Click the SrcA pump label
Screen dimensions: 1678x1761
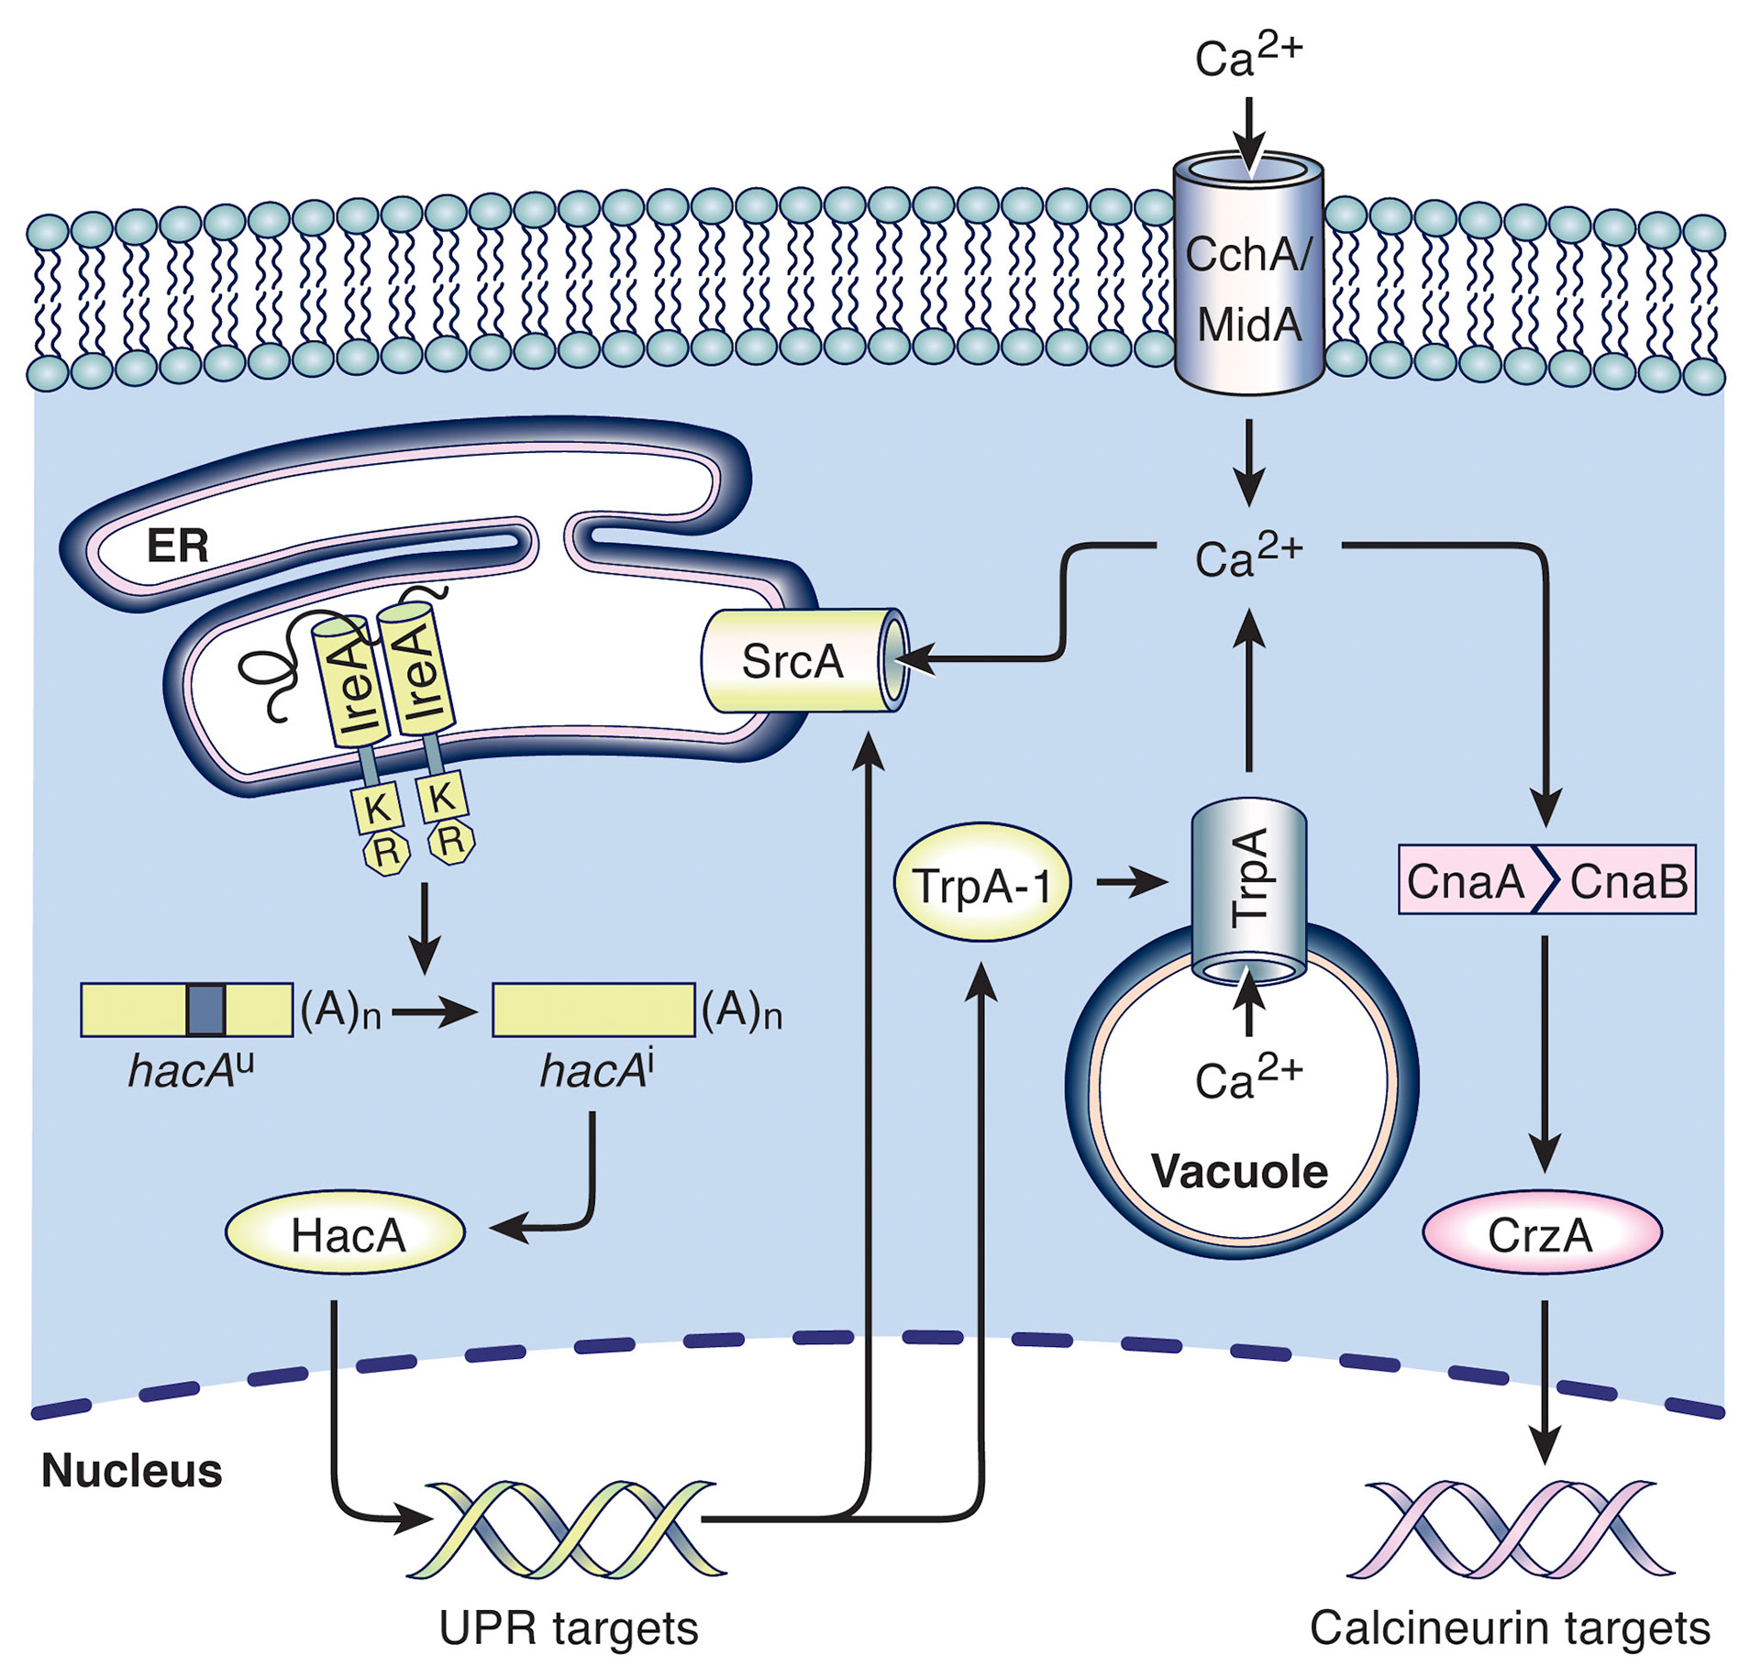(792, 661)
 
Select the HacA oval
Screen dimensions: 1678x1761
(347, 1234)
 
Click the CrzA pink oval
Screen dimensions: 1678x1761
(1541, 1234)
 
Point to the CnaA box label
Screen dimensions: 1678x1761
(1465, 881)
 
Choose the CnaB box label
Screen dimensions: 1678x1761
(1628, 881)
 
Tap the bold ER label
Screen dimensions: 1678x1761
(178, 546)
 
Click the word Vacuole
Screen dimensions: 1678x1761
(1239, 1171)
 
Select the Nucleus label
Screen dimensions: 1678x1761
(131, 1470)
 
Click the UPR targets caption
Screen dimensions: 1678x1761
(569, 1628)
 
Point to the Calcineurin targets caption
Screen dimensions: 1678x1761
(1510, 1628)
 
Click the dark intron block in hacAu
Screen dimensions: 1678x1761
(205, 1010)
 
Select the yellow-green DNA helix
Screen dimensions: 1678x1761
(567, 1529)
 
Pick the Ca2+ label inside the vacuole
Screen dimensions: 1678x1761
(1248, 1077)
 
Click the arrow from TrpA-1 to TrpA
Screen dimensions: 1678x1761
(1132, 883)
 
